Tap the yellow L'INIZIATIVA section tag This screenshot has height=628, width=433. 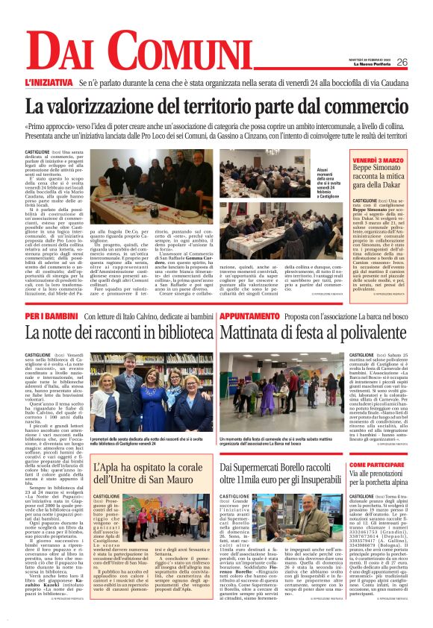tap(48, 83)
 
